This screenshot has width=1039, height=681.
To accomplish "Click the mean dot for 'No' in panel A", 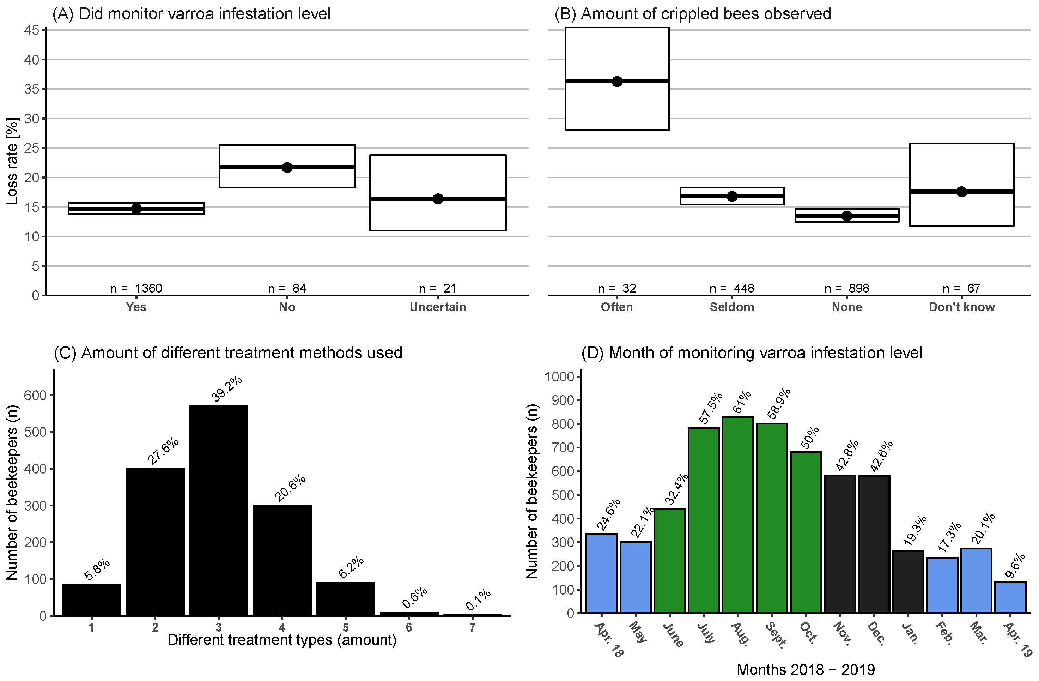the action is point(287,167).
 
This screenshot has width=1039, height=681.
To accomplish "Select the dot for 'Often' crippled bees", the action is point(617,81).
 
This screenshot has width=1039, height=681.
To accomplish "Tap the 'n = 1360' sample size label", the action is point(136,288).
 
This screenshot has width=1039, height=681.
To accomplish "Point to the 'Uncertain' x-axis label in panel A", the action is point(438,307).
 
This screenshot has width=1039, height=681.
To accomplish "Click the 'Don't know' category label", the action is point(962,307).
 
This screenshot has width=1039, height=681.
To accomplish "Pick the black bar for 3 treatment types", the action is point(219,510).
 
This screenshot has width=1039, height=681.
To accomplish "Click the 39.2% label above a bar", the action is point(226,389).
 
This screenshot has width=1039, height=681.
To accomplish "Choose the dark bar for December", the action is point(874,544).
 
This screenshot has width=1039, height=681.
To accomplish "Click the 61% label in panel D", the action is point(742,401).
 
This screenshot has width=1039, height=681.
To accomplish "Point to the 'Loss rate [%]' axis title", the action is point(12,161).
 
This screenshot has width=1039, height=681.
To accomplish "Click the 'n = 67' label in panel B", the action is point(962,288).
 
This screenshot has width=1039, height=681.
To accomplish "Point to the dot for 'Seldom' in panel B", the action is point(732,196).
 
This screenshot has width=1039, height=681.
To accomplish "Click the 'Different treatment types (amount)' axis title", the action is point(282,640).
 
